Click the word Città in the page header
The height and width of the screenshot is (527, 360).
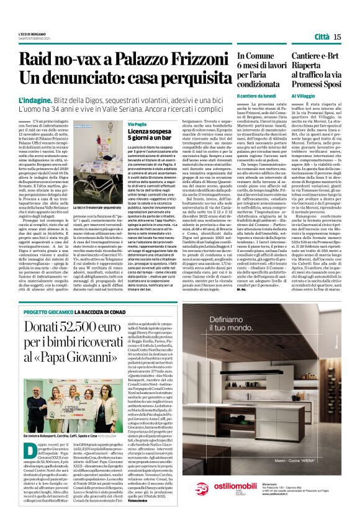pyautogui.click(x=322, y=37)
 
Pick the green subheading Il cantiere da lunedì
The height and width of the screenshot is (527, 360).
pyautogui.click(x=256, y=96)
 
